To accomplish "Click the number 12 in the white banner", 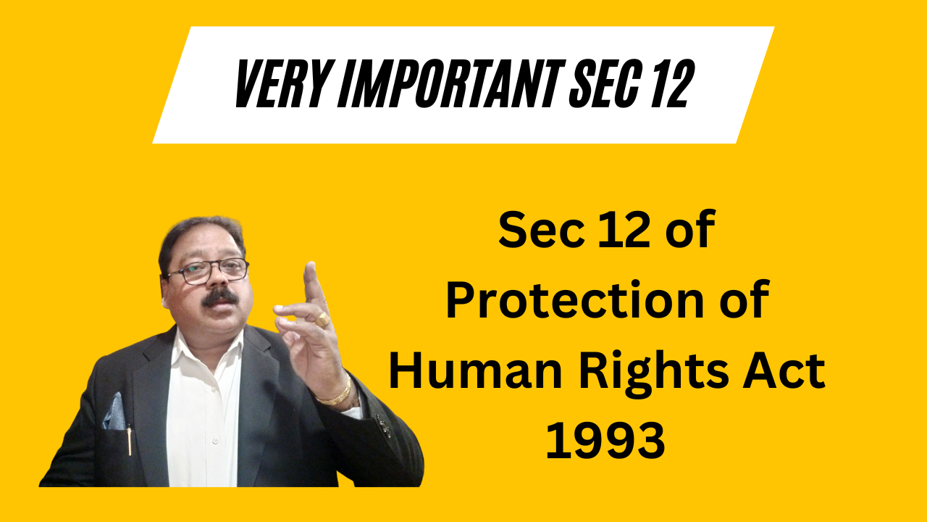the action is click(x=674, y=83).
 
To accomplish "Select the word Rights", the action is click(x=653, y=373).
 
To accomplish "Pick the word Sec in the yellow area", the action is click(x=540, y=230).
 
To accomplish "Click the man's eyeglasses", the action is click(x=207, y=272).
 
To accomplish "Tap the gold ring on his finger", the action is click(x=323, y=319).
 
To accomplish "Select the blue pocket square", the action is click(x=114, y=413).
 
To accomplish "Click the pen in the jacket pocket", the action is click(x=130, y=439).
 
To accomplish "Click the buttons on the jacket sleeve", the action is click(x=384, y=426).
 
